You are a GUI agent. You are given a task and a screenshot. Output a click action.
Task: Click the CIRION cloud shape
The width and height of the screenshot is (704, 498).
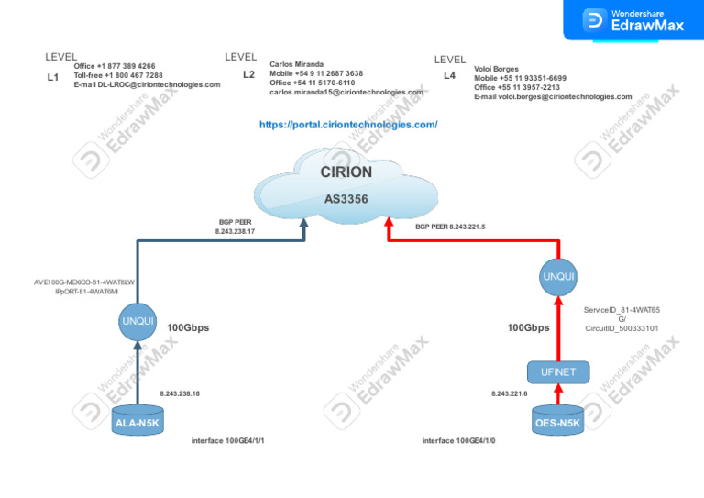coord(346,183)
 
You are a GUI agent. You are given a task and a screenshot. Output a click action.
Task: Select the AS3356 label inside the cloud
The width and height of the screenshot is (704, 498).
coord(346,198)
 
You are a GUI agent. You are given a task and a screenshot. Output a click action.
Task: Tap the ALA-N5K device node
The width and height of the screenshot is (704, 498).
coord(137,422)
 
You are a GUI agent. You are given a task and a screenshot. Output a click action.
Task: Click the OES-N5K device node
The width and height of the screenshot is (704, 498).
coord(557,422)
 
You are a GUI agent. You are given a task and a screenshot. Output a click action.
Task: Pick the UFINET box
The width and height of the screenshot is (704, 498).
coord(558,371)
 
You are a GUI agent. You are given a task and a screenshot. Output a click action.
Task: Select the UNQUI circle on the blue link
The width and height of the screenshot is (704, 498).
coord(137,321)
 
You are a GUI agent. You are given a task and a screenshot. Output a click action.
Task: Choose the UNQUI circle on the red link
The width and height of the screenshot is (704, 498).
coord(558,276)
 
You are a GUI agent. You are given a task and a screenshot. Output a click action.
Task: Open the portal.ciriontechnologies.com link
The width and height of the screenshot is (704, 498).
coord(348,124)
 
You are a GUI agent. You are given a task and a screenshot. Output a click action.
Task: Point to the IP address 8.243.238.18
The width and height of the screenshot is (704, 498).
coord(180,393)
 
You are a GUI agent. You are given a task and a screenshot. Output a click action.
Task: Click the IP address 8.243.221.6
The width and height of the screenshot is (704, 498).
coord(511,393)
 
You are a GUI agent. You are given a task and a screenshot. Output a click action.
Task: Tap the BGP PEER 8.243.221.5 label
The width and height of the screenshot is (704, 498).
coord(450,226)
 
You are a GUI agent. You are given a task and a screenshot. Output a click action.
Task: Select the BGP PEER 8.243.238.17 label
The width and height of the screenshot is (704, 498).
coord(235,227)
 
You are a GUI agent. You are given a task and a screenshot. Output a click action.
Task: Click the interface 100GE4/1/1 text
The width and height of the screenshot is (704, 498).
coord(234,441)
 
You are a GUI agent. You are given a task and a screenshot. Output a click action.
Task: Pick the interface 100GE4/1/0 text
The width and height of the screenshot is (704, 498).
coord(465,441)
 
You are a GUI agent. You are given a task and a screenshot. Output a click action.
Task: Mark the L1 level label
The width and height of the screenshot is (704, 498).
coord(52,78)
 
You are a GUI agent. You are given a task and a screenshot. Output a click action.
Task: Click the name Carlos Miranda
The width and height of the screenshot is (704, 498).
coord(296,64)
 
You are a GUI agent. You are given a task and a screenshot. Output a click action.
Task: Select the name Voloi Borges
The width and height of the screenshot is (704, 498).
coord(496,69)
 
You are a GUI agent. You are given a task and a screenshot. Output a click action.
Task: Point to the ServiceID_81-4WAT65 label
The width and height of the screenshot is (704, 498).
coord(621,310)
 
